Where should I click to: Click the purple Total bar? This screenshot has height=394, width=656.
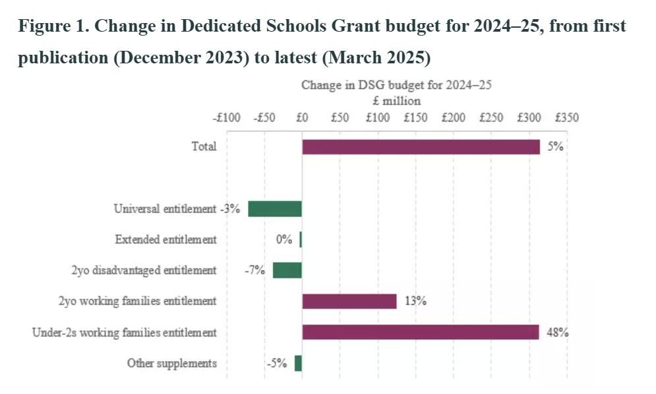(x=421, y=147)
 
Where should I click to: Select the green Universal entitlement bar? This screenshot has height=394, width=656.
(x=275, y=209)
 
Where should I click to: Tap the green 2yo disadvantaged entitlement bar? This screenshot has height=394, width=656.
(x=287, y=270)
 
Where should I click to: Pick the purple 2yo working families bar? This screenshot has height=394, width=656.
(x=349, y=301)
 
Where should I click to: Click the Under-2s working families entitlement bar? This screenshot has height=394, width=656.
(x=421, y=332)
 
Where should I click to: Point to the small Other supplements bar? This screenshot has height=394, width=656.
(x=298, y=363)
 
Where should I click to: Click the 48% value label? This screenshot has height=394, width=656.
(x=557, y=332)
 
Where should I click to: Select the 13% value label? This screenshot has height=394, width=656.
(x=415, y=301)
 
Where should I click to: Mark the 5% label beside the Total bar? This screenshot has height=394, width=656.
(x=555, y=147)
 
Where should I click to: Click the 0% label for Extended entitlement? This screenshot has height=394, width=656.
(x=284, y=240)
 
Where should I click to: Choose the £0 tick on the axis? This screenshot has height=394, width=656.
(x=302, y=118)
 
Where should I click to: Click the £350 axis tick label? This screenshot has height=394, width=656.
(x=567, y=118)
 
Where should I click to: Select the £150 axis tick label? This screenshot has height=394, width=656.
(x=415, y=118)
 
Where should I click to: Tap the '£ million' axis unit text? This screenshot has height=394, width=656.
(x=396, y=102)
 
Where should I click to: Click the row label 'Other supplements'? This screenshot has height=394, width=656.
(x=171, y=363)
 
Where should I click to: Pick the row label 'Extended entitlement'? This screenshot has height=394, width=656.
(x=165, y=240)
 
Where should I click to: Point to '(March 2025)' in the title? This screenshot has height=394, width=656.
(x=376, y=58)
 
